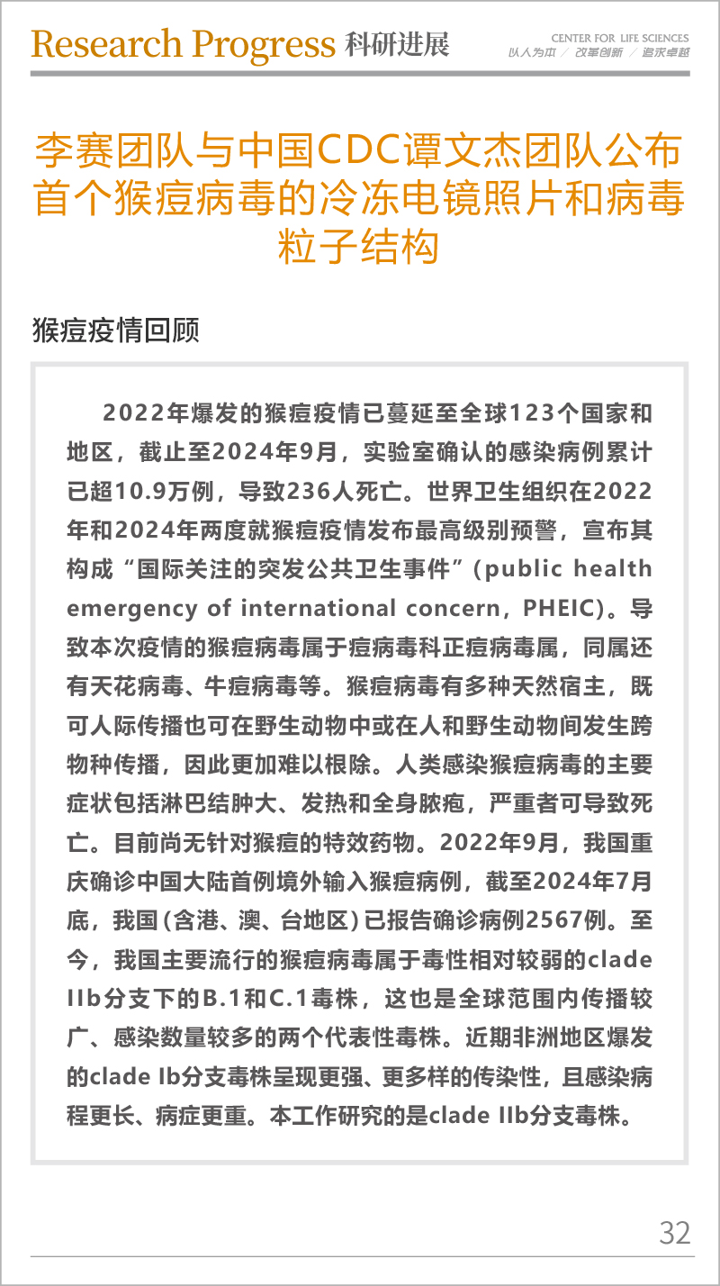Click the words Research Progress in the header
click(183, 43)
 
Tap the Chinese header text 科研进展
click(396, 43)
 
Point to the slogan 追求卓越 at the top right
click(665, 53)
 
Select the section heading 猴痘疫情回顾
click(114, 330)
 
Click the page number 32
click(674, 1232)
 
